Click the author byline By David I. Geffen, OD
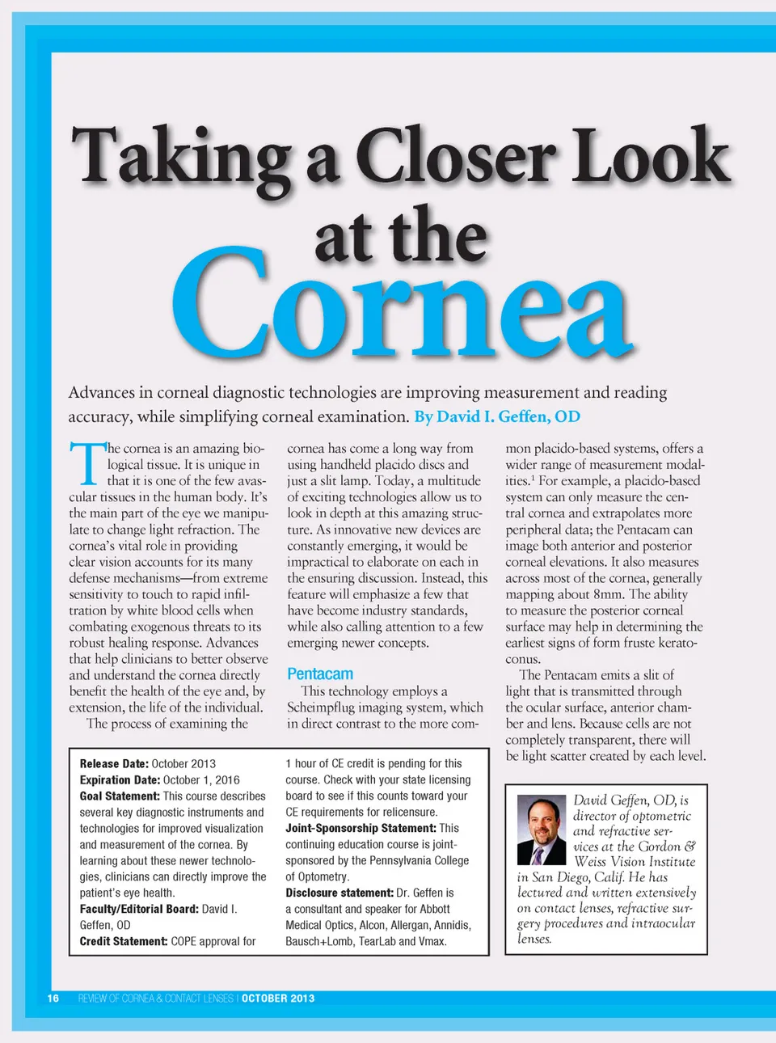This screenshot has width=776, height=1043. [x=497, y=416]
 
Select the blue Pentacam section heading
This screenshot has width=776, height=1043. [x=320, y=674]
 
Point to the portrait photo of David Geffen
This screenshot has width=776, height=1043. [x=541, y=830]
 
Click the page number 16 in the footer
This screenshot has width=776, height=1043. [x=53, y=999]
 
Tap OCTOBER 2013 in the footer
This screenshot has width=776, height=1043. [x=278, y=999]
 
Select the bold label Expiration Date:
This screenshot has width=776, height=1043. [x=120, y=779]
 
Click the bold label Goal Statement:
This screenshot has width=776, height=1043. [x=120, y=796]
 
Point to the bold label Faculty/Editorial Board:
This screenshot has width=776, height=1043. [x=139, y=909]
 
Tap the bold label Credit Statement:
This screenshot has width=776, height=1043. [x=123, y=941]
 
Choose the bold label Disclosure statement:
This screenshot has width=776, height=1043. [x=339, y=893]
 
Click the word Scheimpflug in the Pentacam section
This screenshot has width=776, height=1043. [x=326, y=707]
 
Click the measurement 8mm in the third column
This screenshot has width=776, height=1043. [x=609, y=594]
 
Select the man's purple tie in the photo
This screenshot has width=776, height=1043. [x=538, y=855]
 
